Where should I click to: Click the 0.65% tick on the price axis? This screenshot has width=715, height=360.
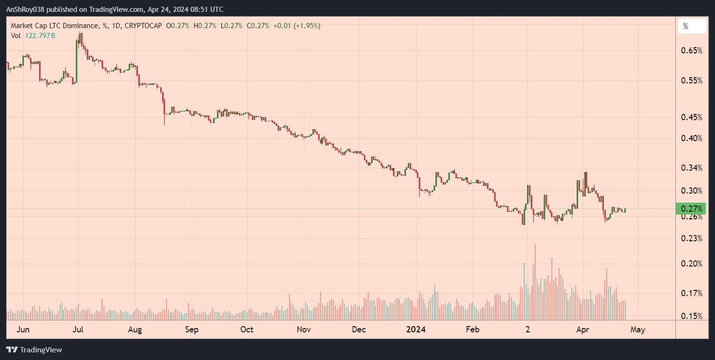pos(692,50)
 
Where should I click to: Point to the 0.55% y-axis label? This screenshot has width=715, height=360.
pos(692,81)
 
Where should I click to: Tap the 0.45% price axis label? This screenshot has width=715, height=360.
pos(692,117)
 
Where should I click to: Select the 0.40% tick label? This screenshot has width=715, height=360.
pos(692,138)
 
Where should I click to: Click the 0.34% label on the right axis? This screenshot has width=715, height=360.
pos(692,168)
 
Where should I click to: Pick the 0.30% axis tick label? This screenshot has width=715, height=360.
pos(692,190)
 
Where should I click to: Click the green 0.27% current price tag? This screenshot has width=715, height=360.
pos(691,208)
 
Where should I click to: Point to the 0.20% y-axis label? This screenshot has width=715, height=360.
pos(692,263)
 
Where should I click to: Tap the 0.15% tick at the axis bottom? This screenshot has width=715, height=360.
pos(692,316)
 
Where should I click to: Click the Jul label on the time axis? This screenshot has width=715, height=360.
pos(79,329)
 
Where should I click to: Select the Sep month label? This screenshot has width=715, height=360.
pos(191,329)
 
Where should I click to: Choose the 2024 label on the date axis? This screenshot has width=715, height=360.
pos(414,329)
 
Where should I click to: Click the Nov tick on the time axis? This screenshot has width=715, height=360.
pos(303,329)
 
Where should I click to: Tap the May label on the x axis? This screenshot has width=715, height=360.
pos(638,329)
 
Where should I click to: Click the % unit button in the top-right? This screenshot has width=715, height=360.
pos(691,27)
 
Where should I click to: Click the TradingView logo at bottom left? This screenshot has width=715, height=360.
pos(34,350)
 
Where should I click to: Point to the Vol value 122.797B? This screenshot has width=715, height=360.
pos(40,35)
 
